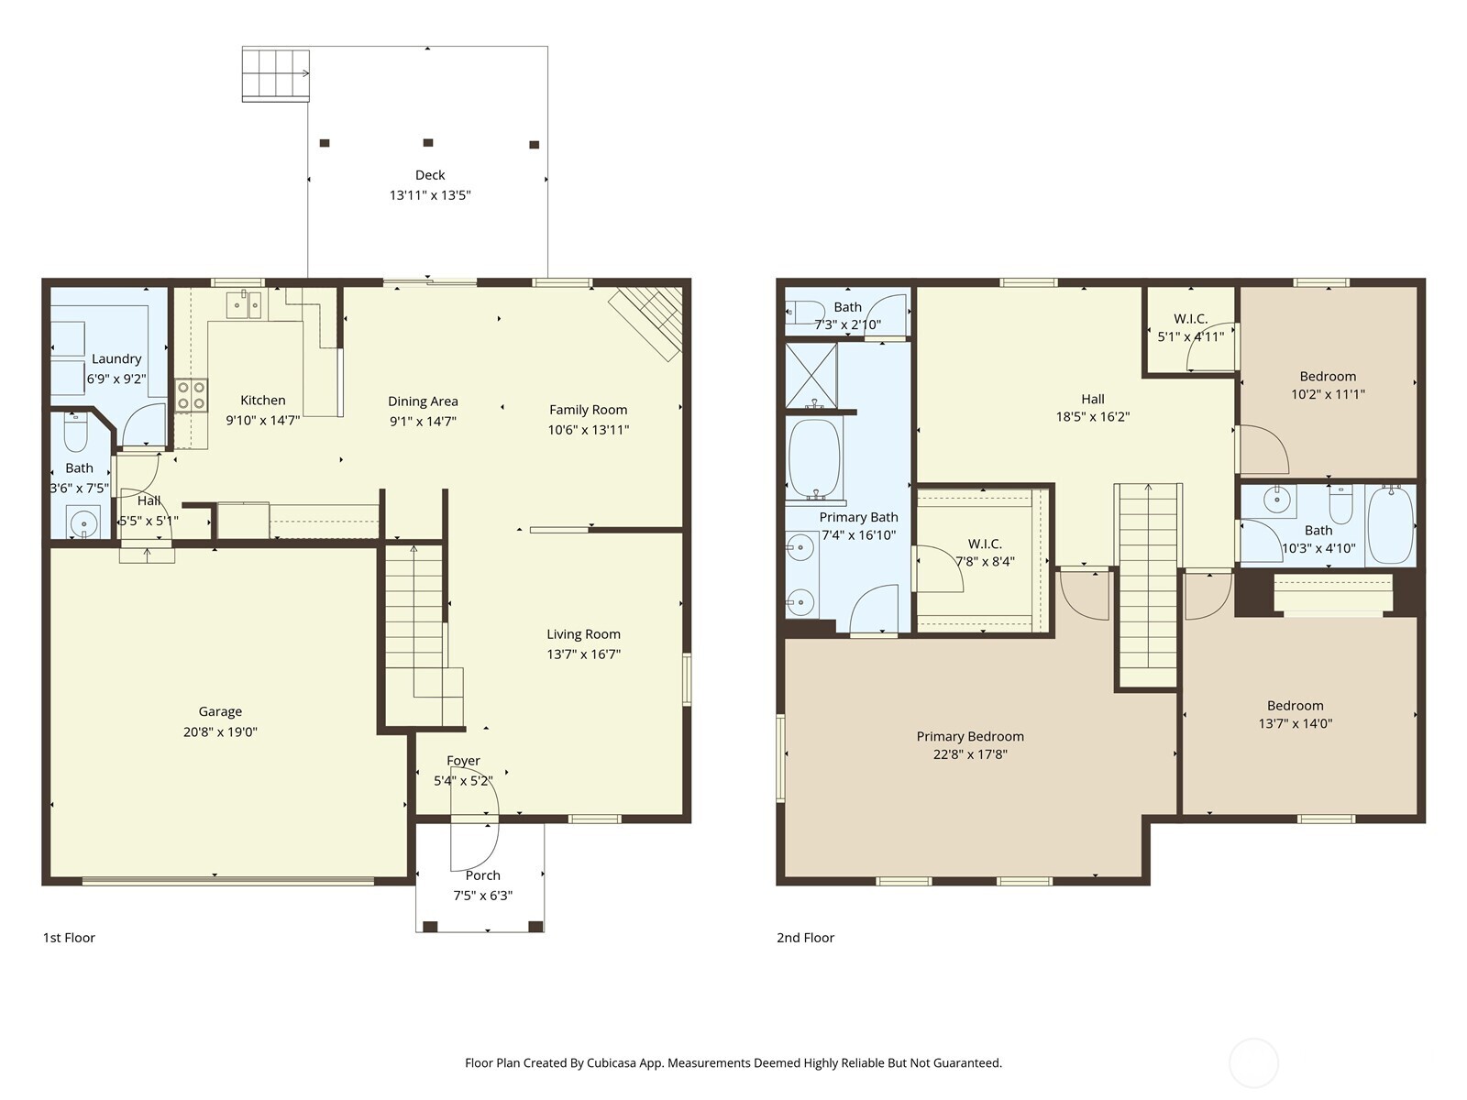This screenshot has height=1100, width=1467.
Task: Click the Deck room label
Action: pyautogui.click(x=430, y=175)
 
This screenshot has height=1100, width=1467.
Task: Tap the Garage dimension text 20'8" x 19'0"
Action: pyautogui.click(x=220, y=731)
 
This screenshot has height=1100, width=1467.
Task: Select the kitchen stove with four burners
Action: pyautogui.click(x=192, y=396)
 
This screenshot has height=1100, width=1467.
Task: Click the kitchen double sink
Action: pyautogui.click(x=244, y=304)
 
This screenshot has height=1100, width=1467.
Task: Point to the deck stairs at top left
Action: pyautogui.click(x=275, y=73)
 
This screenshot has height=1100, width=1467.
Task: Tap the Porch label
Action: pyautogui.click(x=482, y=875)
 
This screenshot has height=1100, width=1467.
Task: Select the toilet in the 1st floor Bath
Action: pyautogui.click(x=75, y=434)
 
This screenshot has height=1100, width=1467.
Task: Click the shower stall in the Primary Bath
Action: pyautogui.click(x=811, y=375)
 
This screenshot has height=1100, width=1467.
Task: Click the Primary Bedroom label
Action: pyautogui.click(x=970, y=736)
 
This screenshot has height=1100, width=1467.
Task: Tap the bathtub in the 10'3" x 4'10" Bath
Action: pyautogui.click(x=1390, y=524)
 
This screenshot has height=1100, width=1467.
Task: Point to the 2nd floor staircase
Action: pyautogui.click(x=1146, y=587)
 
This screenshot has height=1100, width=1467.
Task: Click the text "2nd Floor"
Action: pyautogui.click(x=805, y=938)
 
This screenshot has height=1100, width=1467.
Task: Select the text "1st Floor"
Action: pyautogui.click(x=69, y=938)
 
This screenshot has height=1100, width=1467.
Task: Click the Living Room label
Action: pyautogui.click(x=583, y=634)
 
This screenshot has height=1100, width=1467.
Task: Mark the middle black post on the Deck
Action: pyautogui.click(x=427, y=143)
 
